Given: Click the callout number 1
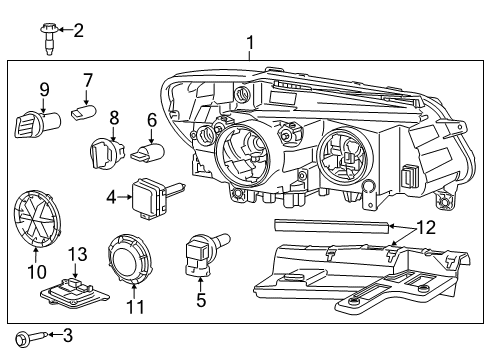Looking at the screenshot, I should tap(250, 43).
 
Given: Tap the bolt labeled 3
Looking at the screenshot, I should tap(25, 336).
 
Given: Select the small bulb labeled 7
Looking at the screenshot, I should tap(83, 117).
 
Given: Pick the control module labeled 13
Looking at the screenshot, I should tap(74, 290).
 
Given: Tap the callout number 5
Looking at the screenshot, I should tap(202, 298).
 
